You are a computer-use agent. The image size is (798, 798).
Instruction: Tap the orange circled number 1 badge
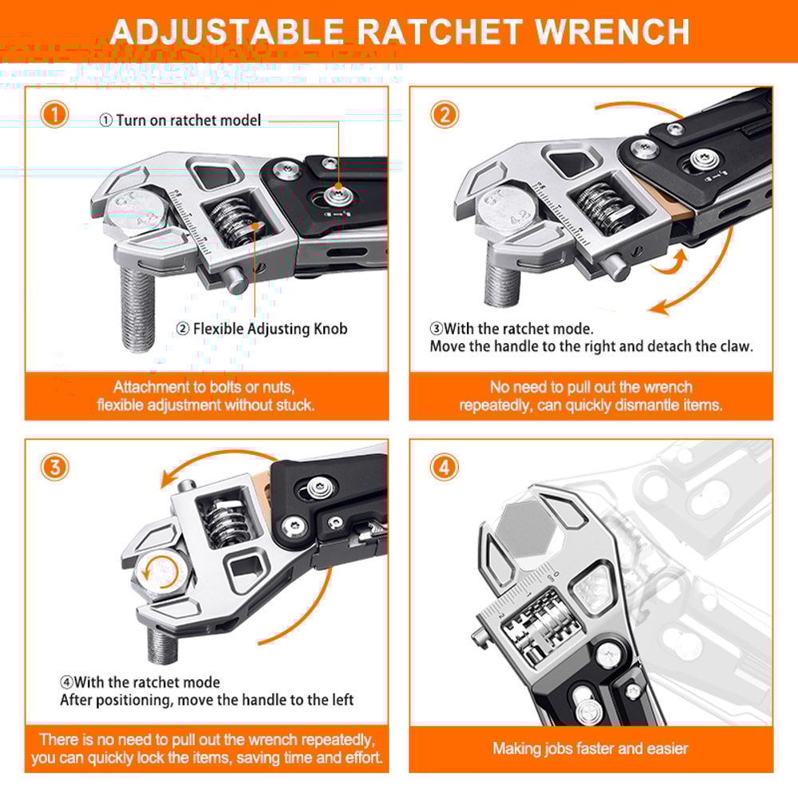click(x=54, y=115)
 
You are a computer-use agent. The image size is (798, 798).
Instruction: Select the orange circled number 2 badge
click(x=444, y=115)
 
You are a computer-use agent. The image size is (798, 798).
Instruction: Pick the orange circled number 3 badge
click(x=54, y=467)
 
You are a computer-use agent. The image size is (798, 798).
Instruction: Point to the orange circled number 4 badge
click(x=444, y=467)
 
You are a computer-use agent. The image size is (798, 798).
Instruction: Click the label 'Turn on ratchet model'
click(x=188, y=120)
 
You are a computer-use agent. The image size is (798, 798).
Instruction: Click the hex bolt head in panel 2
click(x=504, y=215)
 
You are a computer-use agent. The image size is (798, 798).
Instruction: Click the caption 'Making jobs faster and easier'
click(x=590, y=749)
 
